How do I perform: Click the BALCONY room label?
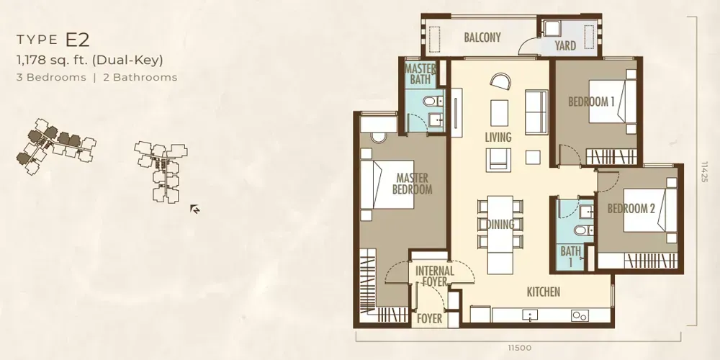click(x=482, y=37)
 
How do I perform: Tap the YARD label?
click(x=565, y=46)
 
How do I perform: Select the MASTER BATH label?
click(x=420, y=74)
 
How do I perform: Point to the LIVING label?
click(x=498, y=137)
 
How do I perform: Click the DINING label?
click(x=500, y=225)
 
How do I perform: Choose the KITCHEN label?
click(x=543, y=292)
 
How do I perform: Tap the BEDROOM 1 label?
click(x=591, y=102)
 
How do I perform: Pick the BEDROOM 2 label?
click(x=631, y=209)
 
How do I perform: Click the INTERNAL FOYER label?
click(x=435, y=277)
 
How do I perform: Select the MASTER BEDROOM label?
click(x=412, y=184)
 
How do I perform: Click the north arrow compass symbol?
click(x=194, y=210)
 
